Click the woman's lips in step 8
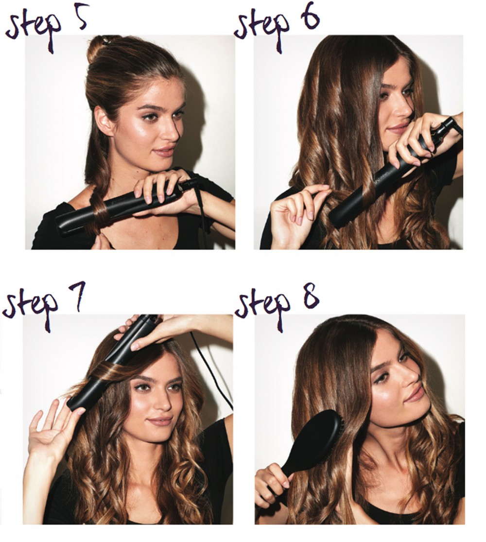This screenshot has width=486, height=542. click(x=415, y=394)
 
